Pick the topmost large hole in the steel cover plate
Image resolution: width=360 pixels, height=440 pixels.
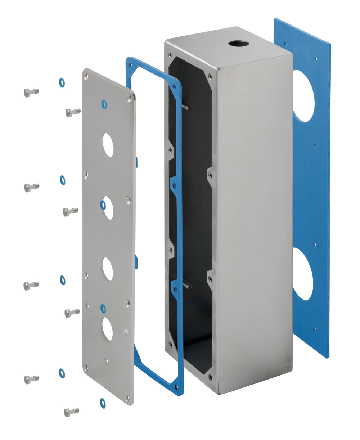pos(108,145)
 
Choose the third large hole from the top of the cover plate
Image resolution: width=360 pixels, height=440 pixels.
pos(108,269)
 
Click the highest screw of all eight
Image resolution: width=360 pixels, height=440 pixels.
pos(31,92)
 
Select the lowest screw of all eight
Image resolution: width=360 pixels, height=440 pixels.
pos(71,412)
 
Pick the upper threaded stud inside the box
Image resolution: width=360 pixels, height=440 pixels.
pos(187,107)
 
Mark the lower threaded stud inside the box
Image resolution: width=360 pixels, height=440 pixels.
pos(188,286)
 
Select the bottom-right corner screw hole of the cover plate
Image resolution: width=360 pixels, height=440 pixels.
pos(127,398)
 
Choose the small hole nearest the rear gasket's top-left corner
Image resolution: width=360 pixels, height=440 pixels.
pos(285,43)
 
